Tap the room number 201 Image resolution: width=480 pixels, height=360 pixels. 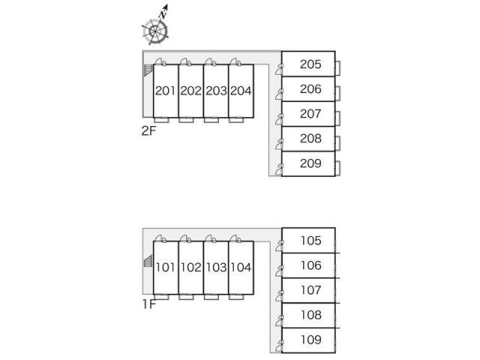click(x=166, y=91)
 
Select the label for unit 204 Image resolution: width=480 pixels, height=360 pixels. click(x=240, y=91)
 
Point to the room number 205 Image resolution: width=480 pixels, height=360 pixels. click(x=310, y=64)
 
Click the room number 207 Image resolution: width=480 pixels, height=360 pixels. click(x=310, y=114)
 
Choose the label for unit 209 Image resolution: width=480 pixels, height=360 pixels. click(x=310, y=163)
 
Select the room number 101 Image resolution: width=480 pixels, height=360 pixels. click(x=166, y=267)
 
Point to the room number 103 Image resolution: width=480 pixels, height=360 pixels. click(x=215, y=267)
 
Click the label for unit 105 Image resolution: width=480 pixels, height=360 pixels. click(x=310, y=241)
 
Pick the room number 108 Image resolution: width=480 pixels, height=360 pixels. click(x=310, y=315)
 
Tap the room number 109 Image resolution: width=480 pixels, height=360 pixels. click(x=310, y=340)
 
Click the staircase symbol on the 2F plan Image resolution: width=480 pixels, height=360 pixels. click(x=148, y=70)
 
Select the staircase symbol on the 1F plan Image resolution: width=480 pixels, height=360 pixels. click(x=147, y=263)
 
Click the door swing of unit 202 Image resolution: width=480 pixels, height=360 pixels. click(x=185, y=62)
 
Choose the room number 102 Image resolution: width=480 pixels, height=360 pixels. click(x=190, y=267)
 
